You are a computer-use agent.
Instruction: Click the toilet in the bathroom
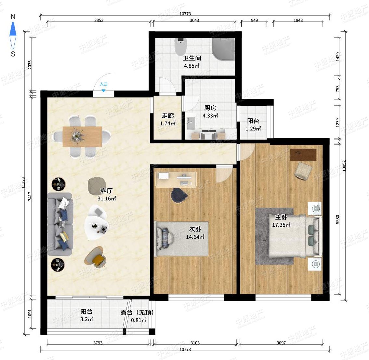[x=180, y=46]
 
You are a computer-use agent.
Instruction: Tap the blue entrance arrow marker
[x=103, y=91]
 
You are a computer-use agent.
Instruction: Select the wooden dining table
[x=82, y=137]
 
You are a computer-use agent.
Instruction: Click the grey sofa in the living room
[x=60, y=224]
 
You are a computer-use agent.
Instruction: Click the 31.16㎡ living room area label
[x=107, y=198]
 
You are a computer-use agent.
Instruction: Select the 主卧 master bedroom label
[x=281, y=217]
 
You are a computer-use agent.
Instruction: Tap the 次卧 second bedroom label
[x=195, y=229]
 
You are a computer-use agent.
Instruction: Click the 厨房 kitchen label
[x=210, y=108]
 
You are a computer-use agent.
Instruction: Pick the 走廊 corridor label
[x=168, y=115]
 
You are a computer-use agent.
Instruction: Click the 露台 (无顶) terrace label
[x=137, y=313]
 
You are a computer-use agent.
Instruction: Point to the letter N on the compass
[x=13, y=17]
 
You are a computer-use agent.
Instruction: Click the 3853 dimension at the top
[x=99, y=20]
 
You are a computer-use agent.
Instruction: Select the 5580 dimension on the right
[x=338, y=219]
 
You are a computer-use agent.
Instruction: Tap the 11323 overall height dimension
[x=23, y=182]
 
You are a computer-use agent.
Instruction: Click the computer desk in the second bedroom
[x=176, y=180]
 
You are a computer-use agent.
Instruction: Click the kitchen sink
[x=191, y=123]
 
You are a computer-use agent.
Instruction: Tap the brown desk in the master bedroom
[x=303, y=155]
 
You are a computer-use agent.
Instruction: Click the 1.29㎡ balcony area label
[x=253, y=128]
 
